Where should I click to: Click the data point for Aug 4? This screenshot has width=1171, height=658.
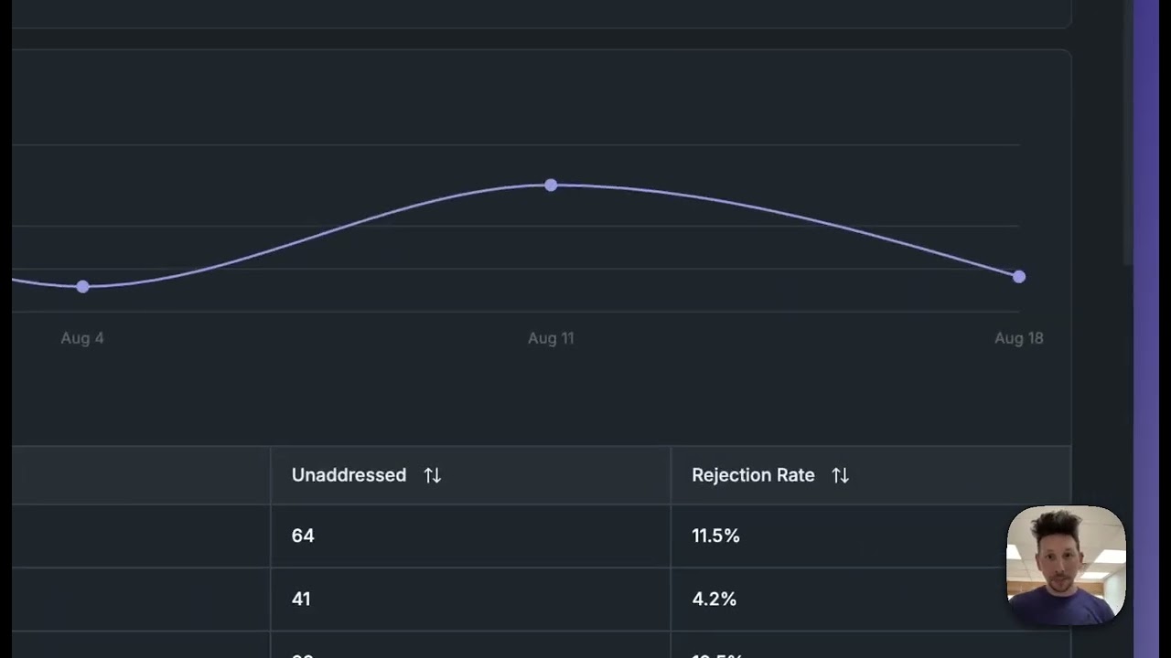coord(83,287)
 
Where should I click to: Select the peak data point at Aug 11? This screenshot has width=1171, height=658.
coord(551,186)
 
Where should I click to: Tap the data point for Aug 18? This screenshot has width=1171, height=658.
coord(1019,277)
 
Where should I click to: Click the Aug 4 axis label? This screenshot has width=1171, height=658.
coord(82,338)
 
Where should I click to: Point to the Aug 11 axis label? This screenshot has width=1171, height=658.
coord(551,338)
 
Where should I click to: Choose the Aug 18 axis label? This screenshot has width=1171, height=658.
coord(1018,338)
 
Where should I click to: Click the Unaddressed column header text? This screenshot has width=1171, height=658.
coord(349,475)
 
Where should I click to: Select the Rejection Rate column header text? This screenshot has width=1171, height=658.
coord(753,475)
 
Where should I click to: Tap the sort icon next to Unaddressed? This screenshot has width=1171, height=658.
coord(433,475)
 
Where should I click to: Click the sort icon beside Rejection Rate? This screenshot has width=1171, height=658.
coord(840,475)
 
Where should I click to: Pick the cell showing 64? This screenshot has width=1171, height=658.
coord(303,536)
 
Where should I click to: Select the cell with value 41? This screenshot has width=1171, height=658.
coord(301,599)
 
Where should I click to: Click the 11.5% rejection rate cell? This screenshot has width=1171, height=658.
coord(715,536)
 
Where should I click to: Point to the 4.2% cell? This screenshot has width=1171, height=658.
coord(714,599)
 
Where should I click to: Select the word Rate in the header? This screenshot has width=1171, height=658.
coord(795,475)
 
